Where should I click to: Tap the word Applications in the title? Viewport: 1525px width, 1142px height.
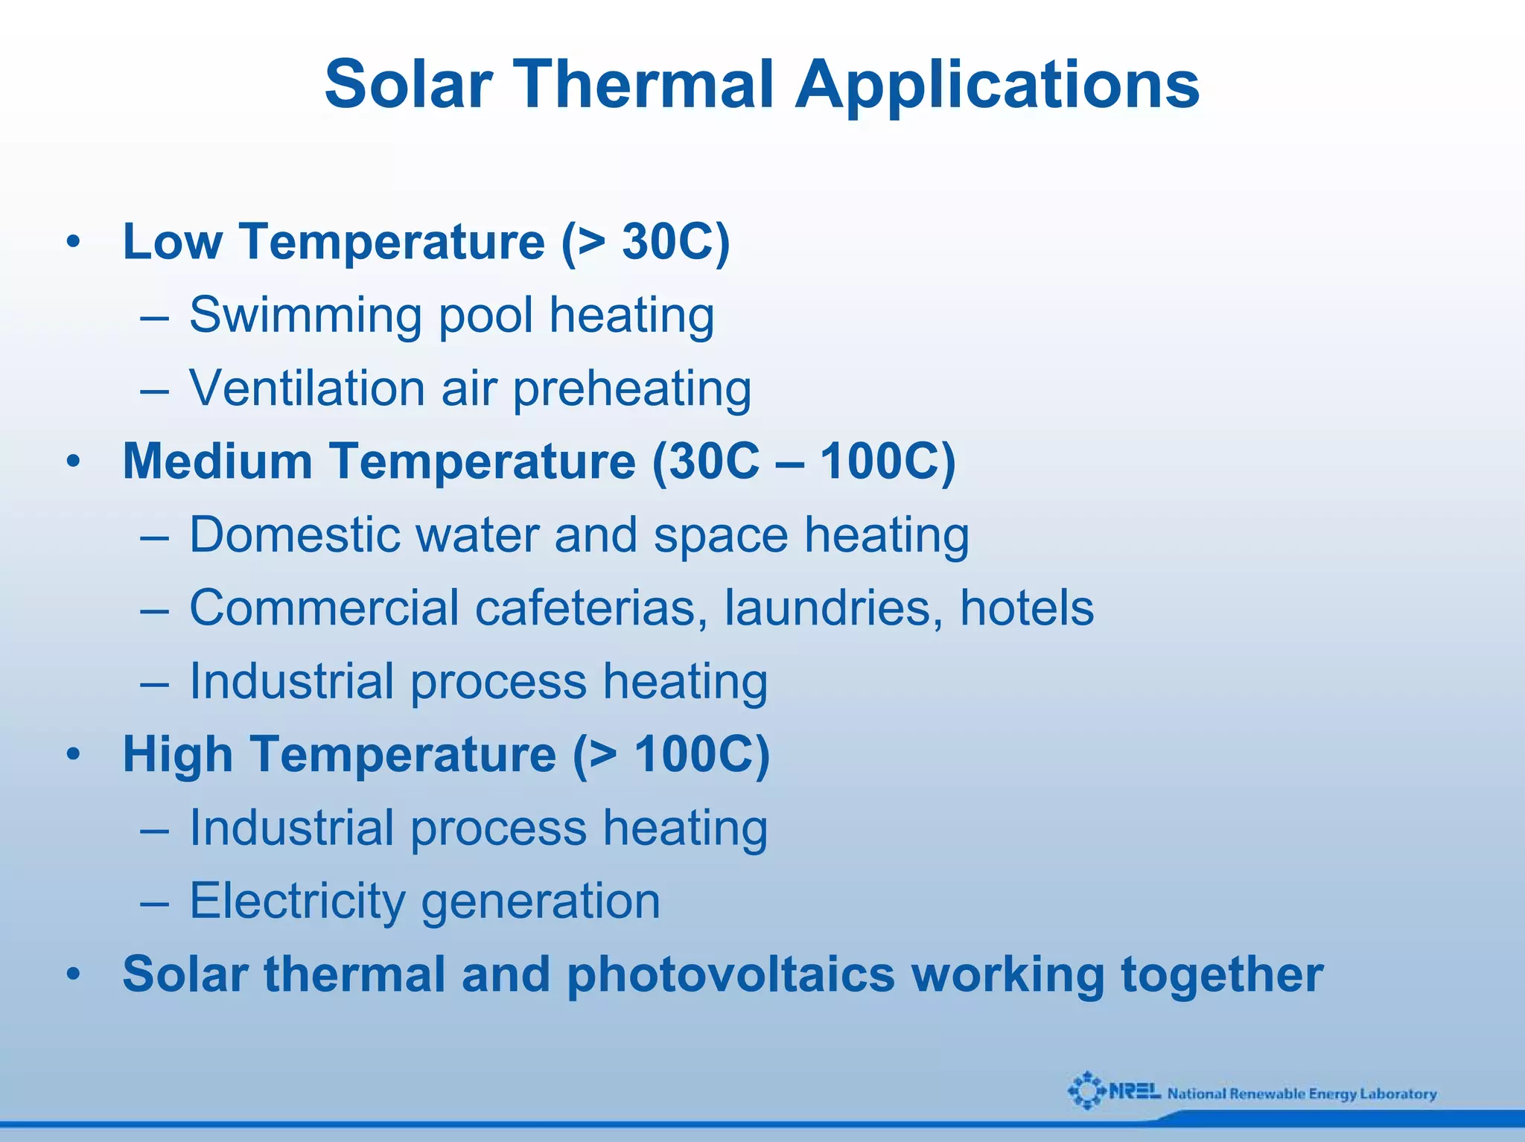[997, 85]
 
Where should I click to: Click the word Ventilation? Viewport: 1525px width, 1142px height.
[307, 389]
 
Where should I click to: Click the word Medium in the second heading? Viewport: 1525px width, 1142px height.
[217, 461]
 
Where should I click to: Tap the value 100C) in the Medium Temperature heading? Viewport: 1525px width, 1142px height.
[887, 461]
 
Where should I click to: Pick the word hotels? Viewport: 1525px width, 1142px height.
[1027, 607]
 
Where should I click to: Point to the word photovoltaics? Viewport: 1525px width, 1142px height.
[730, 974]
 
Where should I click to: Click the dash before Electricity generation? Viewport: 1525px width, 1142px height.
[154, 902]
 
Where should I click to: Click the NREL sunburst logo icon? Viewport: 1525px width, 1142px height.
[1087, 1091]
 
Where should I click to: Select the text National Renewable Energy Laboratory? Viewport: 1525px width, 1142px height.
[1302, 1094]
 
